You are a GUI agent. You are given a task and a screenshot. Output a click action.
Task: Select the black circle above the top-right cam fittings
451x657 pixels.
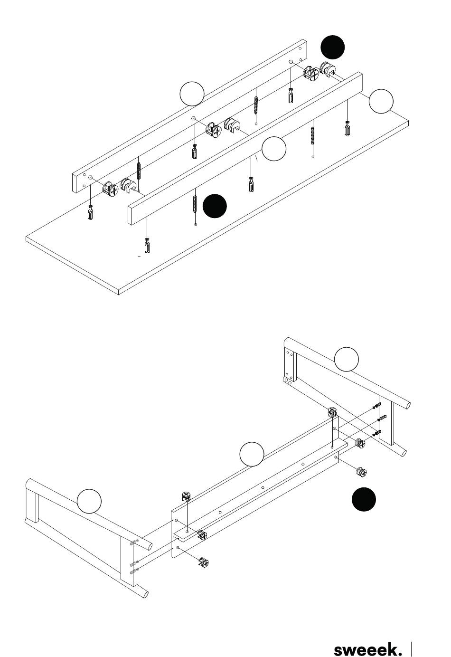[x=333, y=47]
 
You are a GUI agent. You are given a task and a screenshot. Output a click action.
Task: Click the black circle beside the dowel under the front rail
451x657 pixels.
[x=215, y=206]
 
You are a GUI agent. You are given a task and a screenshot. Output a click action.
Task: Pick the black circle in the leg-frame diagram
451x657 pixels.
[x=364, y=499]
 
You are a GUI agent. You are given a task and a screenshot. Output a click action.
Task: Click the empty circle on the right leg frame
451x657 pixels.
[x=347, y=359]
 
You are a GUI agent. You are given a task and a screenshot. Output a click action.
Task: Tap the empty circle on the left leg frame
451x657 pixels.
[x=89, y=501]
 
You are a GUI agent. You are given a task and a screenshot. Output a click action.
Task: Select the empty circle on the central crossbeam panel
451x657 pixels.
[x=252, y=454]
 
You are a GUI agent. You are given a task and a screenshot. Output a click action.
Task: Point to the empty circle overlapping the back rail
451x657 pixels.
[x=192, y=94]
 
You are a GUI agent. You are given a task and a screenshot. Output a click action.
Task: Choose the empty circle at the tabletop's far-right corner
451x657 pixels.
[x=381, y=101]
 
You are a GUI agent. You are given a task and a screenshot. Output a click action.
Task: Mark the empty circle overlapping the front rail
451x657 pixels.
[x=274, y=148]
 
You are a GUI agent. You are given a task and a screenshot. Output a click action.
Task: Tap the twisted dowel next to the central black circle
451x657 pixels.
[x=195, y=201]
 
